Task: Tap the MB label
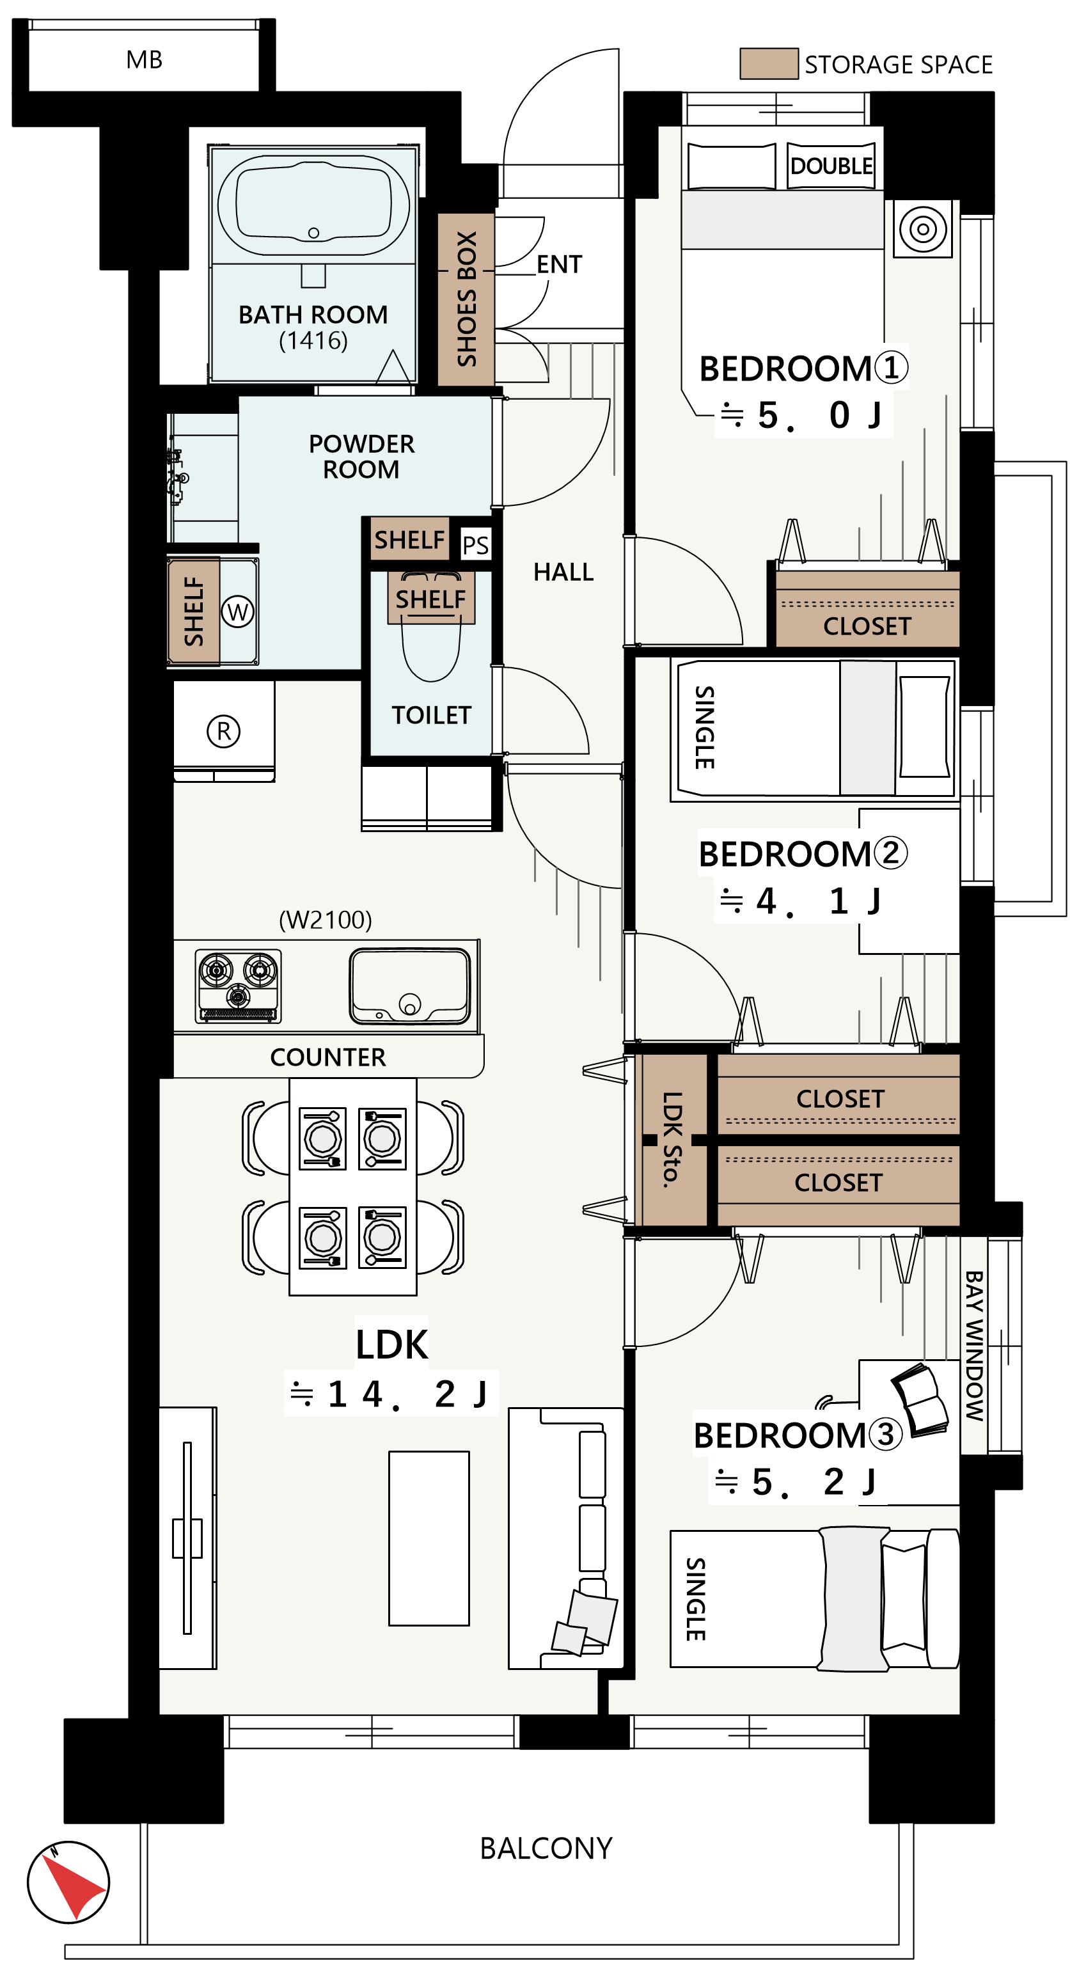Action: [x=144, y=59]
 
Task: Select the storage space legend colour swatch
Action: [x=769, y=63]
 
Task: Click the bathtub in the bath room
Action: [x=313, y=206]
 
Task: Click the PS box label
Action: [x=475, y=545]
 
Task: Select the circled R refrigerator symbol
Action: [x=223, y=731]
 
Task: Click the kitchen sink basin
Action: [x=410, y=986]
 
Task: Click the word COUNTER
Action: [x=327, y=1057]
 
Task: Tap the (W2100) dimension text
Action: [x=325, y=919]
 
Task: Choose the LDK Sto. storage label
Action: [x=672, y=1140]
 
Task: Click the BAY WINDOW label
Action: [x=973, y=1345]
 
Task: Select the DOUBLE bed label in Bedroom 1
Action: [x=831, y=166]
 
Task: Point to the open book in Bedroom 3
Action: [x=920, y=1400]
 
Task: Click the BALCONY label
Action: [x=546, y=1848]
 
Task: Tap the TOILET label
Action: [x=431, y=715]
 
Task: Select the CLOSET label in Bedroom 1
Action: [x=867, y=626]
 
